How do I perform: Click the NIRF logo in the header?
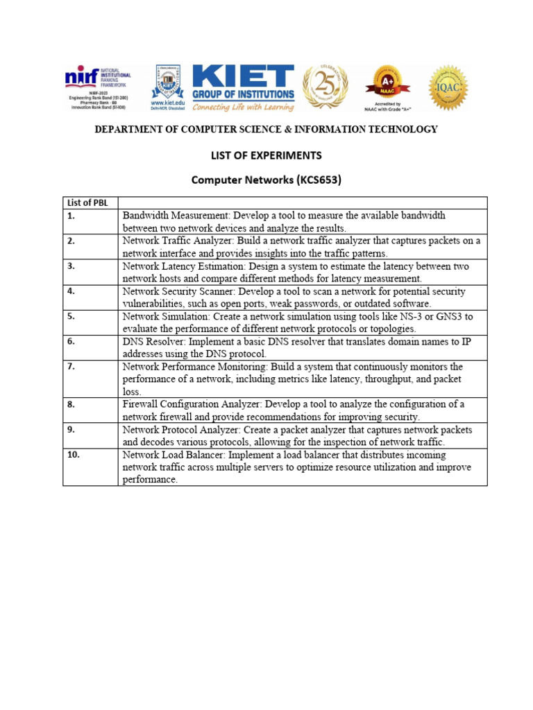click(x=97, y=87)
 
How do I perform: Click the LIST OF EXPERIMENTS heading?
click(x=266, y=155)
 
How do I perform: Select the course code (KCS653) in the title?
click(x=319, y=180)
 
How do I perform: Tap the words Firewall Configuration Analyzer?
click(x=194, y=404)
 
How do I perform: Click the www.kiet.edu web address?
click(x=167, y=102)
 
